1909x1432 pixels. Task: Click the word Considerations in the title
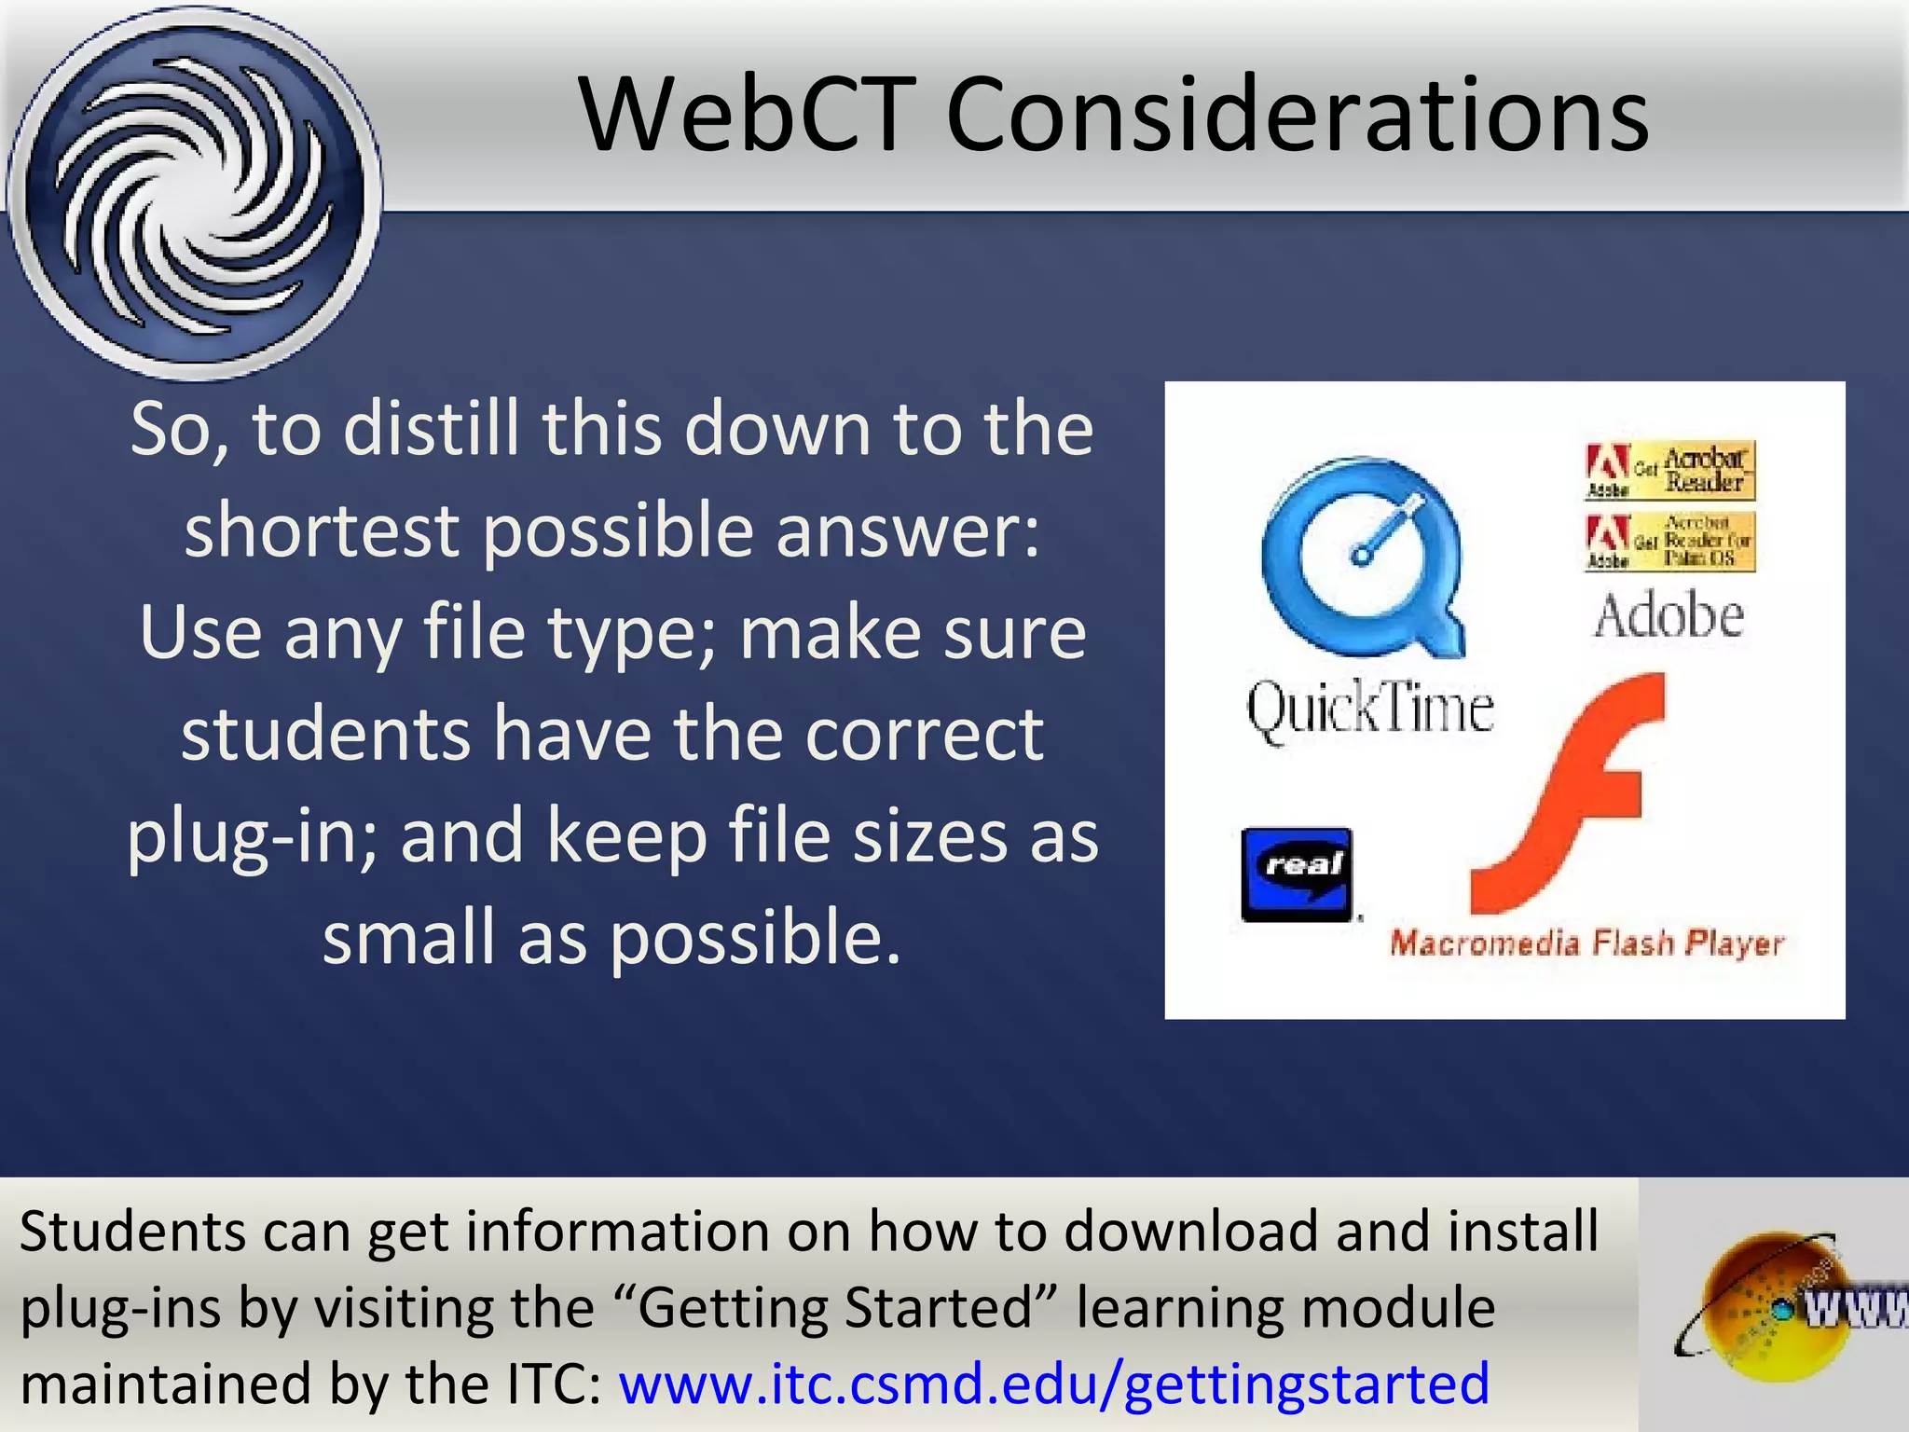coord(1297,115)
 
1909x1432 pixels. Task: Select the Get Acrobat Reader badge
coord(1669,470)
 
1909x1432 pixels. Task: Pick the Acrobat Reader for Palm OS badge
coord(1669,541)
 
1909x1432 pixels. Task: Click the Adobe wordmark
coord(1669,616)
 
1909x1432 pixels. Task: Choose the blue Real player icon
coord(1297,874)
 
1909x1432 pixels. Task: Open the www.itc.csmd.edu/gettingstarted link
coord(1054,1384)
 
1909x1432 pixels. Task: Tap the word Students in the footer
coord(130,1231)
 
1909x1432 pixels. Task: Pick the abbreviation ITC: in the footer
coord(555,1384)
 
